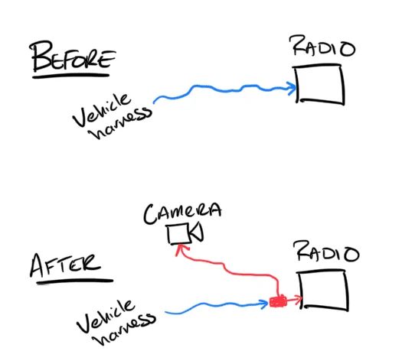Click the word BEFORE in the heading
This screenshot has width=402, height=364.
pyautogui.click(x=73, y=57)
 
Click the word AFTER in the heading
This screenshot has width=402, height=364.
pyautogui.click(x=65, y=265)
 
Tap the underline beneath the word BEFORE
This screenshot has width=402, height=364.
pyautogui.click(x=71, y=76)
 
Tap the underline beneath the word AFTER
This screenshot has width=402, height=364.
pyautogui.click(x=74, y=281)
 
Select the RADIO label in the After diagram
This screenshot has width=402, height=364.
pyautogui.click(x=327, y=252)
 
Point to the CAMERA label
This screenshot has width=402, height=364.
pyautogui.click(x=182, y=213)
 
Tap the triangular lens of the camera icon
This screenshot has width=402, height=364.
pyautogui.click(x=198, y=232)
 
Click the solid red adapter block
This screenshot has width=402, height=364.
pyautogui.click(x=278, y=301)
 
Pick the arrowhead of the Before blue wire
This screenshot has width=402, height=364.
pyautogui.click(x=293, y=89)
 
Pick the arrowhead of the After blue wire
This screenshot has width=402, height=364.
pyautogui.click(x=265, y=304)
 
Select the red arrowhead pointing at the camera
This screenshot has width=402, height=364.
pyautogui.click(x=181, y=248)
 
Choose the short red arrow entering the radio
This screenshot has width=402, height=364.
pyautogui.click(x=294, y=299)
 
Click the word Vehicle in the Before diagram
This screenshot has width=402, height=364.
pyautogui.click(x=101, y=110)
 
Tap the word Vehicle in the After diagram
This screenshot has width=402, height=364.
pyautogui.click(x=105, y=317)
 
